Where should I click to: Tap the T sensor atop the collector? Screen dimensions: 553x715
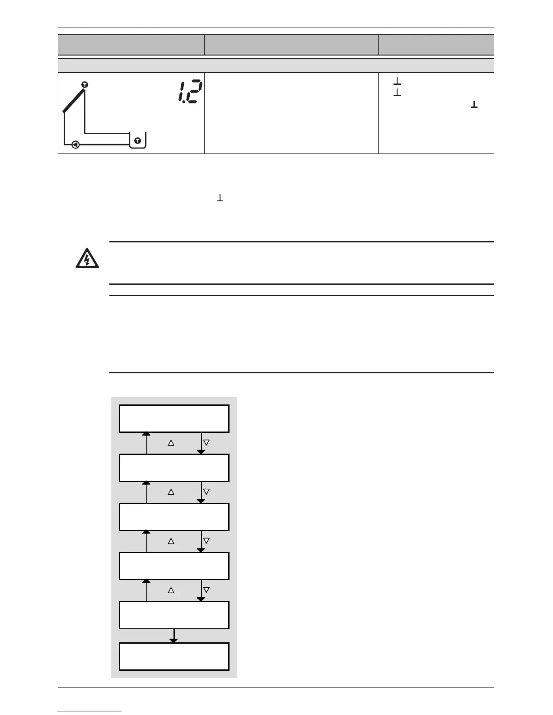(84, 85)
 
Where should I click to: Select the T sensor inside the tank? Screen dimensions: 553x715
(137, 141)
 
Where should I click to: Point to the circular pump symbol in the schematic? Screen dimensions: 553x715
(75, 145)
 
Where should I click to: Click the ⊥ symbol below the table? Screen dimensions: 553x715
(220, 198)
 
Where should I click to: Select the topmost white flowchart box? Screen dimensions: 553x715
(174, 418)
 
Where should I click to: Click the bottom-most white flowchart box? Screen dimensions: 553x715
(174, 656)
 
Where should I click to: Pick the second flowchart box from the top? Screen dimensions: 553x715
(174, 468)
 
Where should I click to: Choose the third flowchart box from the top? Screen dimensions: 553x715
(174, 517)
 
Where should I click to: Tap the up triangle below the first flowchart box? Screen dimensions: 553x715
(171, 443)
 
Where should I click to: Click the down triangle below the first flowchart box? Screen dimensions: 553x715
(206, 443)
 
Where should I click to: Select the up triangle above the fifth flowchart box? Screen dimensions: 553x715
(171, 590)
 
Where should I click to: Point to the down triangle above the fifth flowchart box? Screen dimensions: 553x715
(206, 590)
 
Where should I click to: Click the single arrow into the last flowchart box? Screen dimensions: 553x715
(174, 636)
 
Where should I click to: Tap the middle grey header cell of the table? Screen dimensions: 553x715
(291, 45)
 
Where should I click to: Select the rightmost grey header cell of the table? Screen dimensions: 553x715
(436, 45)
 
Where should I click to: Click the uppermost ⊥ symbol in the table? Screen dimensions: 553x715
(397, 82)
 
